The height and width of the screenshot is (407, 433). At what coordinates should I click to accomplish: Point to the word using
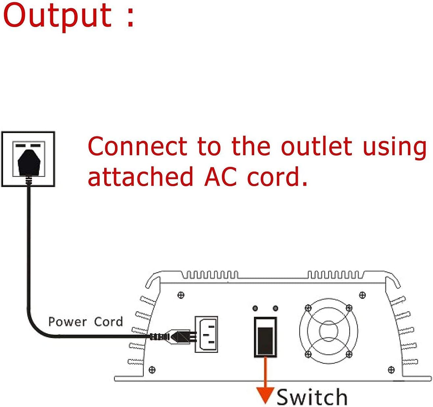click(x=394, y=147)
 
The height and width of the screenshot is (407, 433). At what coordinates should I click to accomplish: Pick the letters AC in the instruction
click(x=220, y=177)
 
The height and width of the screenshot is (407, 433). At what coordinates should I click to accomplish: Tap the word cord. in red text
click(x=277, y=177)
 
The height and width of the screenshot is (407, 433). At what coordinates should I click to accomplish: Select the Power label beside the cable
click(x=67, y=322)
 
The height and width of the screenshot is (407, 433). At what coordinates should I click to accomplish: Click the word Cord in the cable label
click(x=108, y=322)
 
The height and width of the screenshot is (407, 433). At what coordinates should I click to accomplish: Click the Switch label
click(x=312, y=397)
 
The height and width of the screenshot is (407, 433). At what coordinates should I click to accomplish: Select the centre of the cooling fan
click(x=328, y=331)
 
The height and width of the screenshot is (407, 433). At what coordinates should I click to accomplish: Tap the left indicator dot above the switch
click(x=255, y=308)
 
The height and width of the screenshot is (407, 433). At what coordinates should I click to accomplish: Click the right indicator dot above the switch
click(x=276, y=308)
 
